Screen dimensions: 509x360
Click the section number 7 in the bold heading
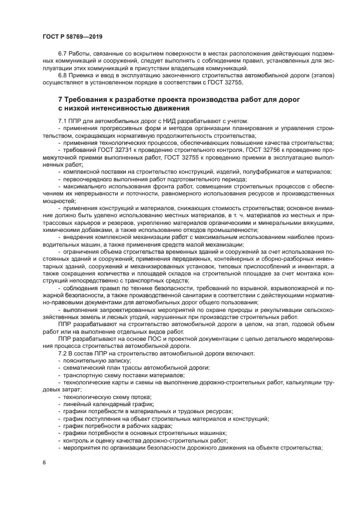[x=60, y=100]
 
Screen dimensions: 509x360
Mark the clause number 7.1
[x=63, y=121]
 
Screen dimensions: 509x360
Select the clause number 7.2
[x=63, y=353]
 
